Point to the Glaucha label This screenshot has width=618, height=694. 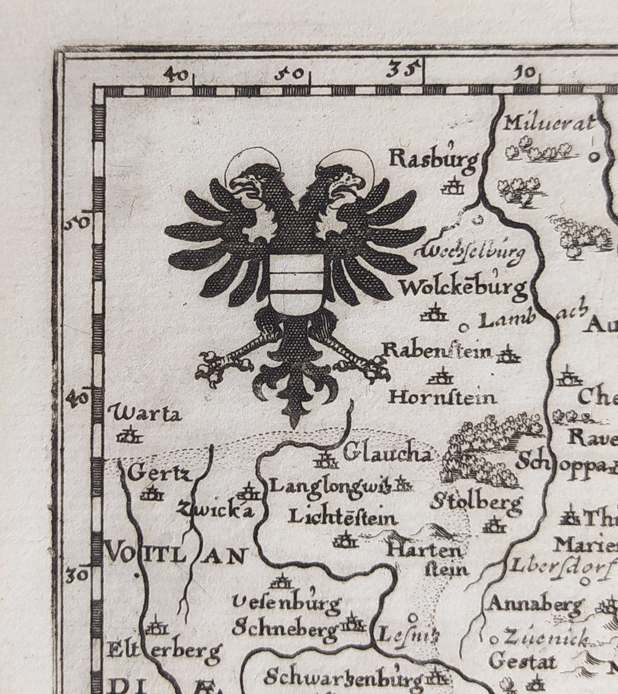pos(387,454)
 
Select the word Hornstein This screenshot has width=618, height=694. pos(442,397)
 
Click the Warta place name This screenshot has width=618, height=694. pos(145,413)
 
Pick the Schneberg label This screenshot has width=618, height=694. pos(285,628)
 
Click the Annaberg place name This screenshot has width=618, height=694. pos(535,603)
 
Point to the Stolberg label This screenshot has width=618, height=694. pos(476,502)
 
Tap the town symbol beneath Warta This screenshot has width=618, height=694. pos(130,436)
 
